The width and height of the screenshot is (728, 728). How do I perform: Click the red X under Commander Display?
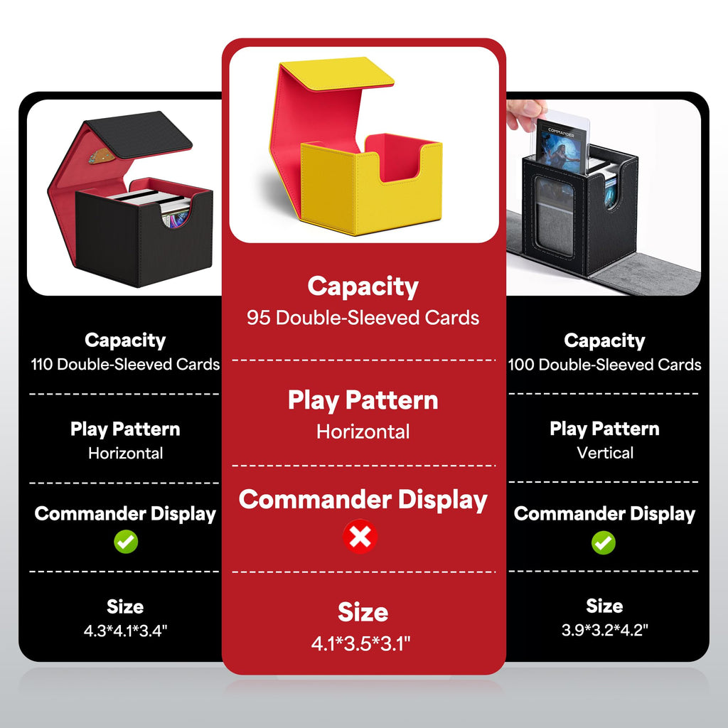click(x=360, y=537)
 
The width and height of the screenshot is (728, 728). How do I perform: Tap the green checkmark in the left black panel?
click(x=126, y=541)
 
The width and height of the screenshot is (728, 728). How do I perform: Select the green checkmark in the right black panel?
click(x=604, y=542)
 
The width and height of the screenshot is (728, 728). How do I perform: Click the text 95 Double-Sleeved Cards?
click(x=363, y=318)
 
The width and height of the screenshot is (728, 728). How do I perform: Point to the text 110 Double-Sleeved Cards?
click(x=125, y=365)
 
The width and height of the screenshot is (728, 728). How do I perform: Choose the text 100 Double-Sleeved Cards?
click(x=604, y=365)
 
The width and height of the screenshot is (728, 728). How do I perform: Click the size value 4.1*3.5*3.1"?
click(x=360, y=643)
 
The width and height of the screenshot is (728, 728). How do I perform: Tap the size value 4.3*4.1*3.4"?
click(x=125, y=631)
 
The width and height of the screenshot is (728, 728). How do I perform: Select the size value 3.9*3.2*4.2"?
click(x=604, y=630)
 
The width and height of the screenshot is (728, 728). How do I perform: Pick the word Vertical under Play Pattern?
click(x=605, y=453)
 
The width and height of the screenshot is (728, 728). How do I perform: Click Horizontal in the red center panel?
click(x=363, y=432)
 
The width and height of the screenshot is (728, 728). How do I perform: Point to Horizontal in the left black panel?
click(x=125, y=453)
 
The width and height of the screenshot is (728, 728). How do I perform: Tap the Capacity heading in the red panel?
click(x=363, y=287)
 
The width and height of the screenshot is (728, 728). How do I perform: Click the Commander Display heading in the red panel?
click(x=363, y=500)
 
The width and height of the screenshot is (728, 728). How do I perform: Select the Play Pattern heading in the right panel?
click(x=604, y=429)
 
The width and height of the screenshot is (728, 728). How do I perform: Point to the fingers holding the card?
click(x=525, y=114)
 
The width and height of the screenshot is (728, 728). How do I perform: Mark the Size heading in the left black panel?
click(x=125, y=606)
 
